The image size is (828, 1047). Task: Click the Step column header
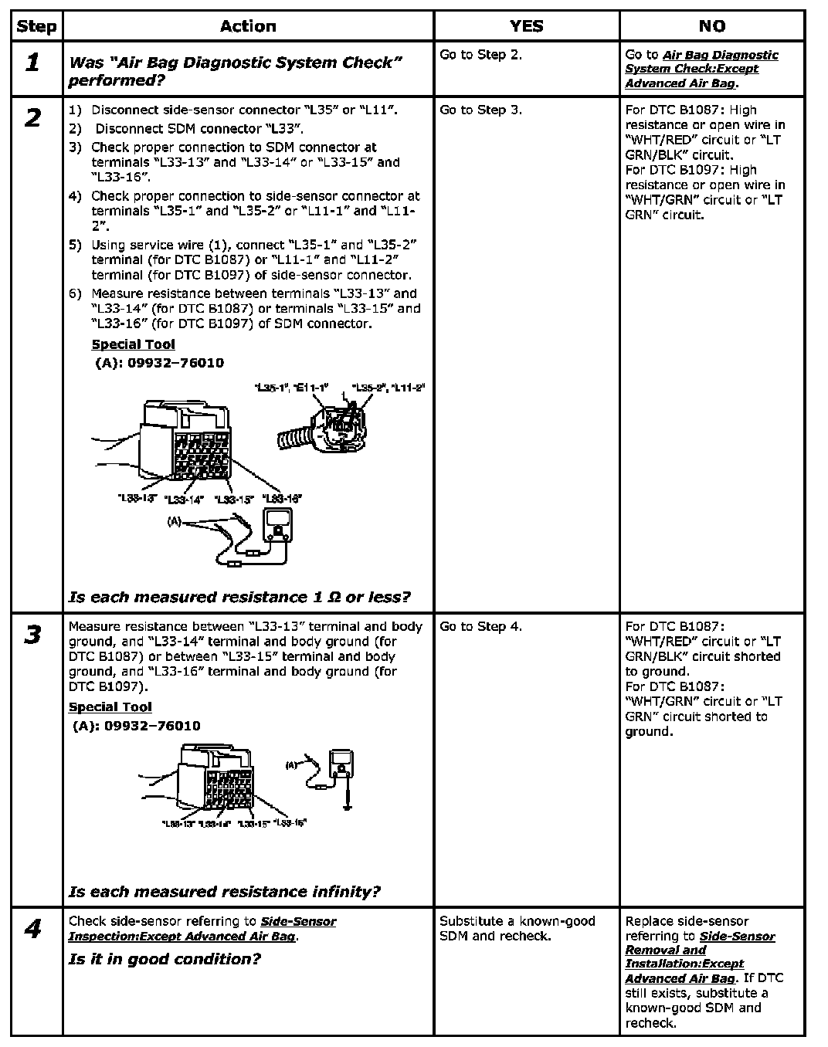coord(36,26)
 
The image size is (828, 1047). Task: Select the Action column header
coord(248,26)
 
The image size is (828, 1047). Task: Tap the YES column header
coord(526,26)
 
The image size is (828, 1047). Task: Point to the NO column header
coord(711,26)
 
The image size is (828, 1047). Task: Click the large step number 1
coord(32,63)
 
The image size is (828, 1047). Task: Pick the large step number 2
coord(32,118)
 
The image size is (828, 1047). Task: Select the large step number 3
coord(32,635)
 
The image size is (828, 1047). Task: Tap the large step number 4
coord(32,929)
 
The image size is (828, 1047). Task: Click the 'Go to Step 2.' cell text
coord(480,55)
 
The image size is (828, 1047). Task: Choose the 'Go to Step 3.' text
coord(480,110)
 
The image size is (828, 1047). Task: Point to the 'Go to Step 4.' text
coord(480,626)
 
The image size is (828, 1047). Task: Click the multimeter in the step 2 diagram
coord(278,530)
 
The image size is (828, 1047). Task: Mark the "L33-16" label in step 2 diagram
coord(282,499)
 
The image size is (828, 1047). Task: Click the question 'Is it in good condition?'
coord(165,959)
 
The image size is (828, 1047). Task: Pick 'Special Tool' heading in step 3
coord(110,706)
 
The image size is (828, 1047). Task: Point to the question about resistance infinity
coord(224,892)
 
